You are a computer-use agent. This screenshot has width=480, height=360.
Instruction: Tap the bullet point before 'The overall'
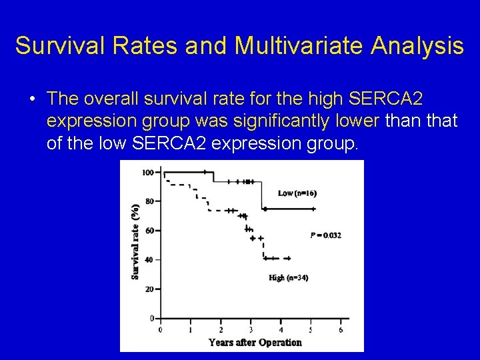pos(32,99)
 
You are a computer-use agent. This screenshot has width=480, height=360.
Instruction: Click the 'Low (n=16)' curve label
pos(297,193)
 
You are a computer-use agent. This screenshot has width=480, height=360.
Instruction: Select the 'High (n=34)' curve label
pos(288,277)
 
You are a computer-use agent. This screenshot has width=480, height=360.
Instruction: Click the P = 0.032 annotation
pos(325,235)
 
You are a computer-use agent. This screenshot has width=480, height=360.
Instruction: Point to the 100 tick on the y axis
pos(147,173)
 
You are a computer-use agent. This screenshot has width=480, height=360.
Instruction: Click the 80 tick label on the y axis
pos(149,201)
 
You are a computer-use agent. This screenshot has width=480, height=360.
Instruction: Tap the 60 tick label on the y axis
pos(149,231)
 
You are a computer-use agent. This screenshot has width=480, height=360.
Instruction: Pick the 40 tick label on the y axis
pos(149,260)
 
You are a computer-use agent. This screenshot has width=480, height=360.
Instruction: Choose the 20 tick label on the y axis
pos(149,289)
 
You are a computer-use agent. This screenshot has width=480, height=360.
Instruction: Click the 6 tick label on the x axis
pos(341,329)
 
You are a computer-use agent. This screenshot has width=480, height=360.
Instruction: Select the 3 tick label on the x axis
pos(251,329)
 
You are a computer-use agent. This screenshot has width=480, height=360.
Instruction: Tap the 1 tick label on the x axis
pos(190,329)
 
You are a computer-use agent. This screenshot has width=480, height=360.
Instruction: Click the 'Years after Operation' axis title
pos(255,342)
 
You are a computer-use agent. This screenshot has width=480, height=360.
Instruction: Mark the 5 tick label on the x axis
pos(311,329)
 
